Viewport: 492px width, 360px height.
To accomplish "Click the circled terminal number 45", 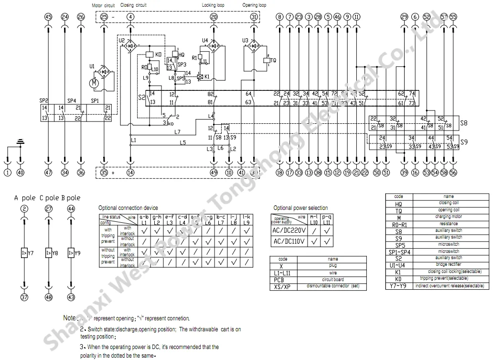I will coord(48,17).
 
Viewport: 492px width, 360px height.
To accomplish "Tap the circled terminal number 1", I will coord(8,173).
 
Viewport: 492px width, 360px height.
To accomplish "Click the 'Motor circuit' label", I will coord(104,5).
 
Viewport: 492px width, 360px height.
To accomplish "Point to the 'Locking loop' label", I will coord(213,5).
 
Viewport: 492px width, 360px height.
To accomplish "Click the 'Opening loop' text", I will coord(255,5).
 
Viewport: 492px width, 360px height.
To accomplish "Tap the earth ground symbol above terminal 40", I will coord(20,142).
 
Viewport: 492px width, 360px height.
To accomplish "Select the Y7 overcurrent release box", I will coord(24,251).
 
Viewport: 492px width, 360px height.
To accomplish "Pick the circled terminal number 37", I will coord(23,297).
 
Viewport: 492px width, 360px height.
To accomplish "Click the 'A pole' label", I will coord(23,198).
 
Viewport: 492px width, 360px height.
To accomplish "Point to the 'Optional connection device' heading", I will coord(128,208).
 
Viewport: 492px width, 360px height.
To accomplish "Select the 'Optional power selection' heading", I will coord(300,208).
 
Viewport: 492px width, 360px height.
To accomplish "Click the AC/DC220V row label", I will coord(289,230).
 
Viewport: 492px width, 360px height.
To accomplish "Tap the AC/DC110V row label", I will coord(289,241).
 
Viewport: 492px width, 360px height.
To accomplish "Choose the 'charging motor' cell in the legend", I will coord(449,217).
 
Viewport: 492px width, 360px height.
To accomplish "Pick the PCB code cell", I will coord(283,280).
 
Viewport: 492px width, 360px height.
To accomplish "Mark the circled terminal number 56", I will coord(453,173).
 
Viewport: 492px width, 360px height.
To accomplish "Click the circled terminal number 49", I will coord(214,173).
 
